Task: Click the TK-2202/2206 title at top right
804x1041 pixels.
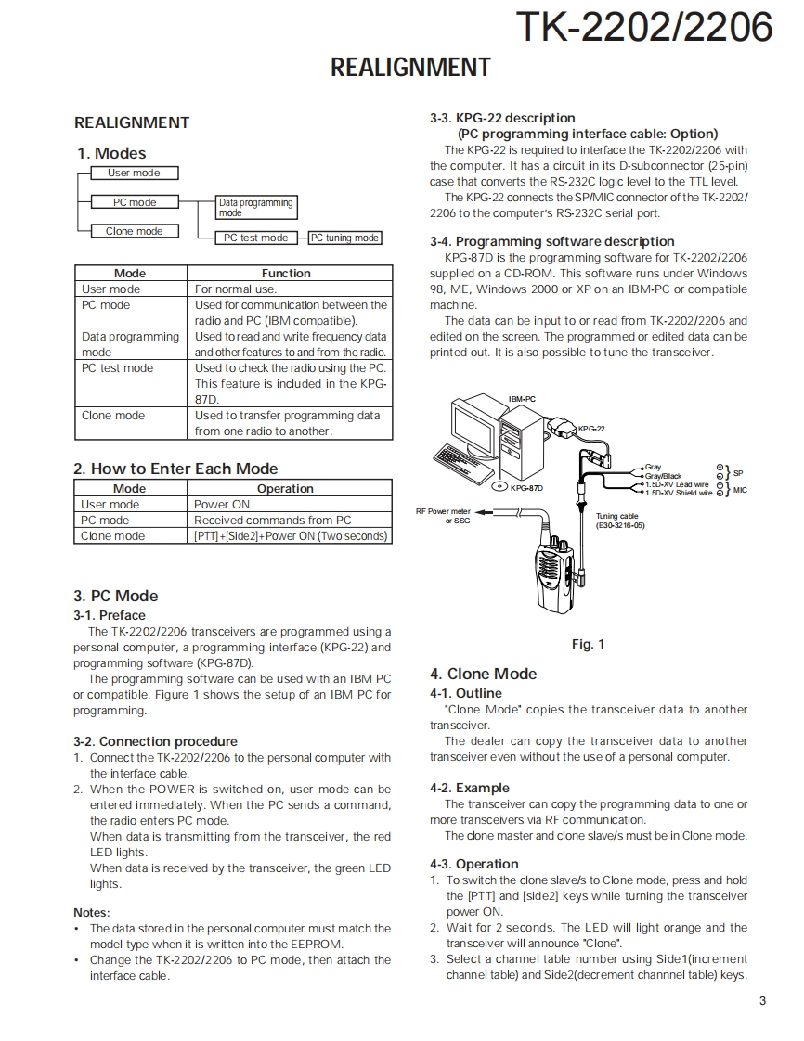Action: [x=644, y=27]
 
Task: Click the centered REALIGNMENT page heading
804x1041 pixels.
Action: [x=410, y=68]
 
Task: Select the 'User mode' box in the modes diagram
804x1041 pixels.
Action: [x=134, y=173]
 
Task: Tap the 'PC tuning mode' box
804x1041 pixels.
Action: [x=344, y=238]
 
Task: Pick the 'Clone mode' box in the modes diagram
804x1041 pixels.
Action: [x=134, y=231]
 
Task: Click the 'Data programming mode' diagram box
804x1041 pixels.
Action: [x=255, y=207]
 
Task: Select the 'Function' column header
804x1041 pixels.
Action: [x=286, y=274]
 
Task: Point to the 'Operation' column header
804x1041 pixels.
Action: [x=285, y=489]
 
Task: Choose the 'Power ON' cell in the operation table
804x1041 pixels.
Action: [x=222, y=505]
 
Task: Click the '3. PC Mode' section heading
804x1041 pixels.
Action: [x=116, y=596]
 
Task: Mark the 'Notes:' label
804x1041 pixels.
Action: [x=91, y=912]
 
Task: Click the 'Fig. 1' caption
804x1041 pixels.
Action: [x=588, y=644]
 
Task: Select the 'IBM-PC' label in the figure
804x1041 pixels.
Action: [x=522, y=399]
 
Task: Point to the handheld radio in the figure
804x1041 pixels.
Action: [x=552, y=580]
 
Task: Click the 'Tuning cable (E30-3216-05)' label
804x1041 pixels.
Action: [x=619, y=520]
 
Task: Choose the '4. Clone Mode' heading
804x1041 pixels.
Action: [x=483, y=674]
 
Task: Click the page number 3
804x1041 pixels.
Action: [x=762, y=1000]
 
